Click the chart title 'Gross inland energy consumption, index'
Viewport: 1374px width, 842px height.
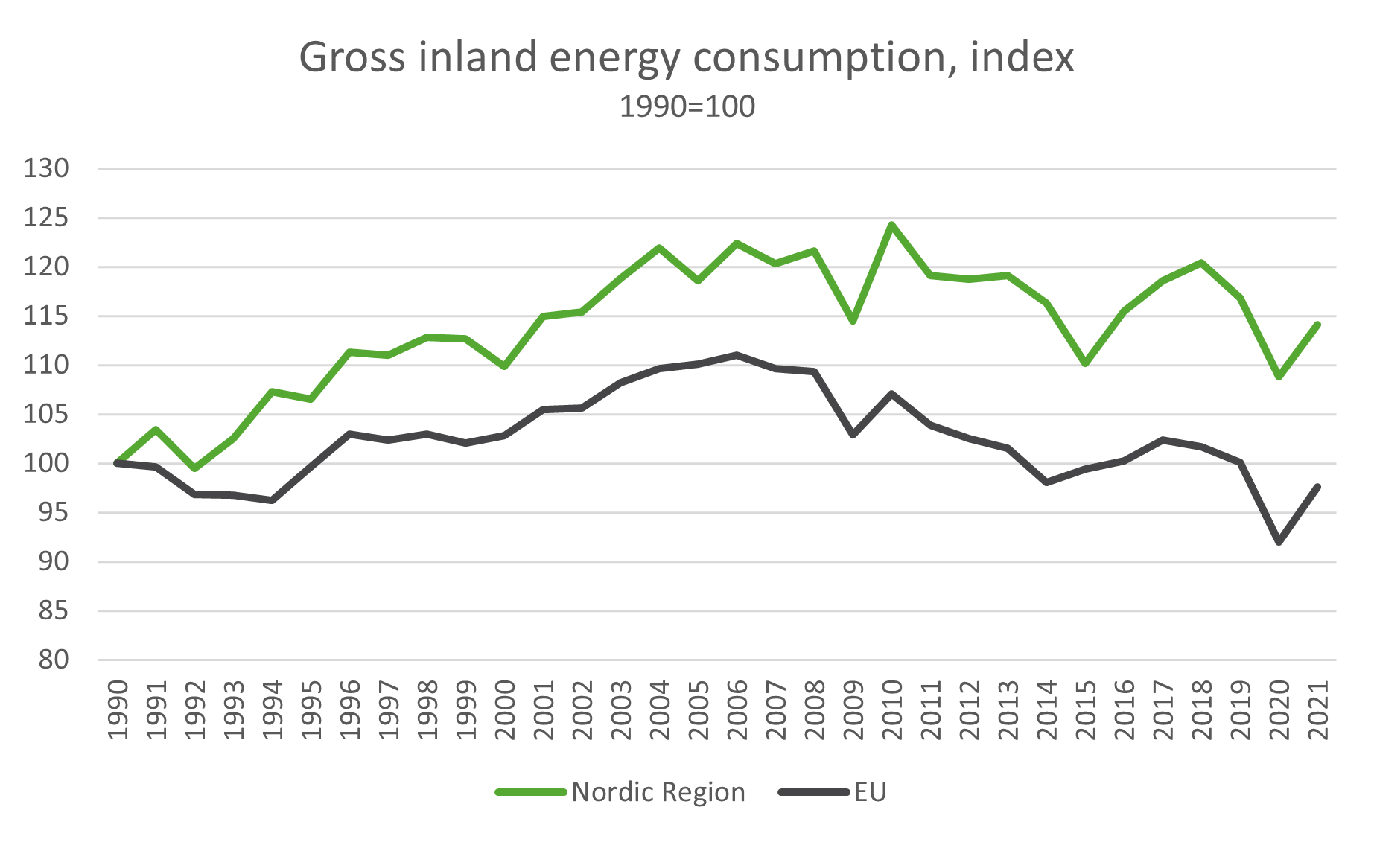pyautogui.click(x=687, y=57)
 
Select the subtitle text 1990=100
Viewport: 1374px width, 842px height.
pyautogui.click(x=687, y=106)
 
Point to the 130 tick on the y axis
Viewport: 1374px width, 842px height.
pyautogui.click(x=46, y=168)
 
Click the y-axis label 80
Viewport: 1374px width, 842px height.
pyautogui.click(x=53, y=660)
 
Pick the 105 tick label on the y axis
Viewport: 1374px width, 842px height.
pyautogui.click(x=46, y=414)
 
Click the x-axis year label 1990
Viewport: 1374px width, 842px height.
pyautogui.click(x=118, y=709)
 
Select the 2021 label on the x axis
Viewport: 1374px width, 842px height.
pyautogui.click(x=1318, y=709)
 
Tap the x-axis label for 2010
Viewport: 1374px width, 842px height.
pyautogui.click(x=892, y=709)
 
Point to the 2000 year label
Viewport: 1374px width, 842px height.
pyautogui.click(x=505, y=709)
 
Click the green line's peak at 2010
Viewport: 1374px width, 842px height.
pyautogui.click(x=892, y=224)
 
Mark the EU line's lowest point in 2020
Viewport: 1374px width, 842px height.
pyautogui.click(x=1279, y=542)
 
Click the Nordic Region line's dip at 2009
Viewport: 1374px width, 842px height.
pyautogui.click(x=853, y=321)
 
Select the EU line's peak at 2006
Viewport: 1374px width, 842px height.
pyautogui.click(x=737, y=355)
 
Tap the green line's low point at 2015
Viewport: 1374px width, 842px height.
pyautogui.click(x=1086, y=363)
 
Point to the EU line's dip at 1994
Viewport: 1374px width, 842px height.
pyautogui.click(x=273, y=500)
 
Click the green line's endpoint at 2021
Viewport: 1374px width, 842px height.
pyautogui.click(x=1318, y=324)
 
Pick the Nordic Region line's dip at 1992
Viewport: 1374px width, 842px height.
pyautogui.click(x=195, y=468)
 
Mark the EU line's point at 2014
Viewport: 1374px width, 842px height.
pyautogui.click(x=1047, y=482)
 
